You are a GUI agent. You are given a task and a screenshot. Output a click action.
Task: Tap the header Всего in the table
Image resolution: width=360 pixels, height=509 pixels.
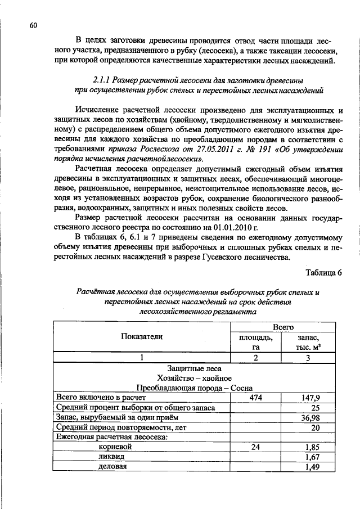pyautogui.click(x=283, y=326)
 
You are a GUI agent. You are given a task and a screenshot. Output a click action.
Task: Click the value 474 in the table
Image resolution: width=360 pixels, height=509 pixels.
pyautogui.click(x=256, y=397)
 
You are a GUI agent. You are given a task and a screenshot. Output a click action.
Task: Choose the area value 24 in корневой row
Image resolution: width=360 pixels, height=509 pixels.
pyautogui.click(x=256, y=447)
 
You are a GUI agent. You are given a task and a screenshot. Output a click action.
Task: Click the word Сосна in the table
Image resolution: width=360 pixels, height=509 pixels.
pyautogui.click(x=241, y=387)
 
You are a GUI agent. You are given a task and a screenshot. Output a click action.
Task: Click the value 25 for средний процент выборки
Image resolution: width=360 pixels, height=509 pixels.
pyautogui.click(x=315, y=407)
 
